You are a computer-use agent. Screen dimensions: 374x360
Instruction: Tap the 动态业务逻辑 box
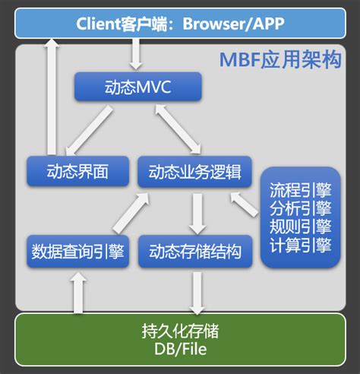point(194,172)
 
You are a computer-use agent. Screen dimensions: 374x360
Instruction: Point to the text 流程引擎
point(300,188)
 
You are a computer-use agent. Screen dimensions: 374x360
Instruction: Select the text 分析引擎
point(300,208)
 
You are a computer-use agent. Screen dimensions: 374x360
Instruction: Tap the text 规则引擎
point(300,227)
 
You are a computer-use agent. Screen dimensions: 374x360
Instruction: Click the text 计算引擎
point(300,246)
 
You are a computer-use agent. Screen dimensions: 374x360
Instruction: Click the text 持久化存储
point(180,331)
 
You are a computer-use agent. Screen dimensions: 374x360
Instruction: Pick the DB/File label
point(180,350)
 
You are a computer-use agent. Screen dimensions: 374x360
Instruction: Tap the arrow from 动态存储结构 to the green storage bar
point(197,291)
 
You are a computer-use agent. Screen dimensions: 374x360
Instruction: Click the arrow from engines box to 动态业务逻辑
point(245,203)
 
